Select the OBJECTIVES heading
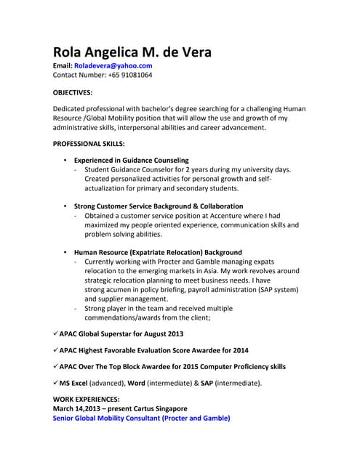(x=73, y=93)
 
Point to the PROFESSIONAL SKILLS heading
(x=89, y=143)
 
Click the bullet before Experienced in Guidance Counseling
(x=65, y=160)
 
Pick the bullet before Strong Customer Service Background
(x=65, y=206)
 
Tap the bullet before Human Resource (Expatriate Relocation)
(x=65, y=252)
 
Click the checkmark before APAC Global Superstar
(x=55, y=333)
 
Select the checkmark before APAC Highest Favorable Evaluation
(x=55, y=349)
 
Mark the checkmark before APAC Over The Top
(x=55, y=366)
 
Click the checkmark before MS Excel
(x=55, y=382)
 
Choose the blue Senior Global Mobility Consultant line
(x=142, y=418)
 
